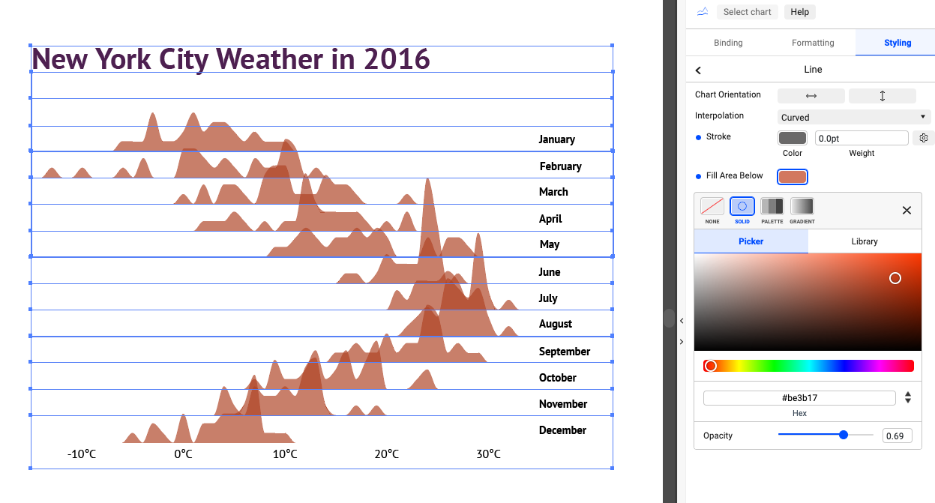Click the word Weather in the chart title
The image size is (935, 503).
click(269, 59)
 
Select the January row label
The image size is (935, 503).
click(556, 139)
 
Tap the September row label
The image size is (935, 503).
click(565, 352)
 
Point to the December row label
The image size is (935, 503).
click(562, 430)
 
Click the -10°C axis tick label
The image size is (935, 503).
click(82, 454)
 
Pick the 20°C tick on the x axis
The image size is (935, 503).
click(387, 454)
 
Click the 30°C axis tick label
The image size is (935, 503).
click(488, 454)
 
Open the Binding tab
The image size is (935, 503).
click(728, 43)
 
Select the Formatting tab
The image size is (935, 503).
click(813, 43)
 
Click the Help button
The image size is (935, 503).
click(799, 12)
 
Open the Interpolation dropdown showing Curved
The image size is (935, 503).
click(853, 117)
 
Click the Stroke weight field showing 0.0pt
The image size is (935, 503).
click(862, 138)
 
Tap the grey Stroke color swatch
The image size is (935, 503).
click(793, 138)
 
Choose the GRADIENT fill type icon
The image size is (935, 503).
click(802, 206)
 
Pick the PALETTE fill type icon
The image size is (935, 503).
click(772, 206)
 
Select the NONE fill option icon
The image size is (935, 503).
click(712, 206)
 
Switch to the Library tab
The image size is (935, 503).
click(865, 241)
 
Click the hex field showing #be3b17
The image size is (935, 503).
click(799, 398)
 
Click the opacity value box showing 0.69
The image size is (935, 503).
click(897, 436)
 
